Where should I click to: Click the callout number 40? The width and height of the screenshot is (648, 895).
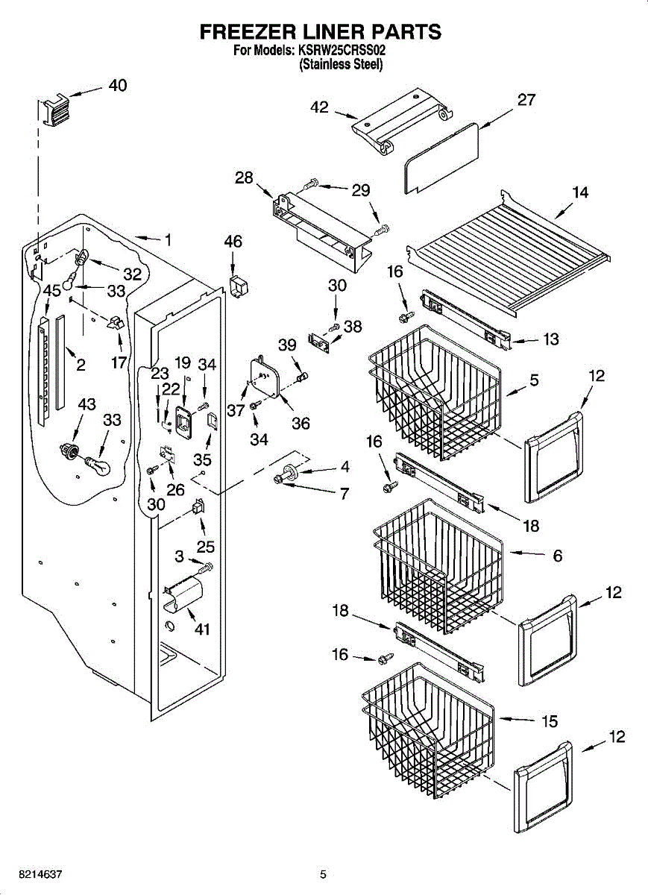tap(117, 85)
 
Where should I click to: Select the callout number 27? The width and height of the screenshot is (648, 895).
tap(526, 99)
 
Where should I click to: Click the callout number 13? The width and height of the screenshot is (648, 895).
tap(550, 339)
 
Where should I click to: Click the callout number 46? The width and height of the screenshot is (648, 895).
tap(233, 242)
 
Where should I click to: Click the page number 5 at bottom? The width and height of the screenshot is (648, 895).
tap(323, 874)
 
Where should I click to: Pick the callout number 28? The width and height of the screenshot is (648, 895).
tap(244, 178)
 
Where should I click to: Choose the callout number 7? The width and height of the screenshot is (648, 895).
tap(344, 493)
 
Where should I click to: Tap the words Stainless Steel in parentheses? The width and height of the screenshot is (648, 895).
tap(341, 65)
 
